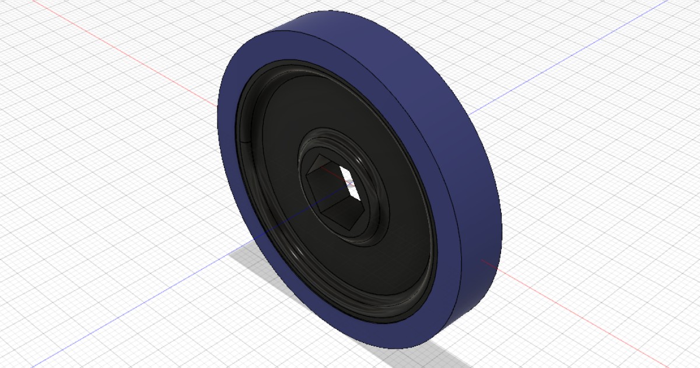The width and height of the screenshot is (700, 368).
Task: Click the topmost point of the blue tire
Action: click(318, 13)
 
